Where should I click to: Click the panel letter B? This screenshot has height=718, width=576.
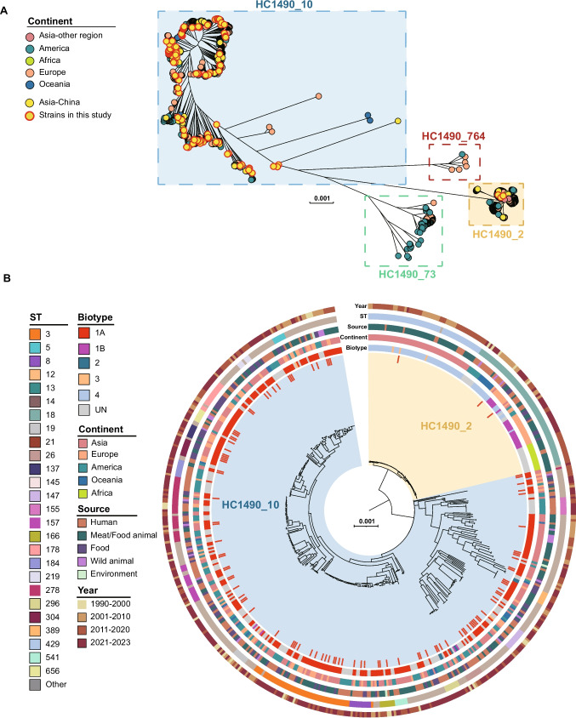pos(8,278)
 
